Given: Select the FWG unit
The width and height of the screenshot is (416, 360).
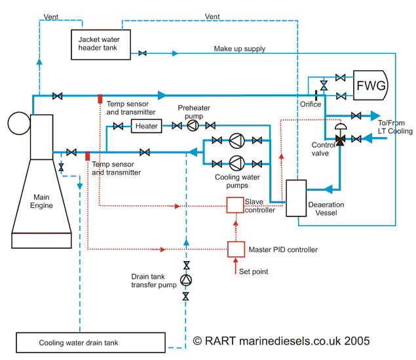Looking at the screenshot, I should pyautogui.click(x=369, y=86).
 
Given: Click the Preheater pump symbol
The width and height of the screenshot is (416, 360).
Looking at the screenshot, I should pyautogui.click(x=192, y=125).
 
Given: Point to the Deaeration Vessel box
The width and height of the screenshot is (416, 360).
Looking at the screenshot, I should pyautogui.click(x=298, y=197).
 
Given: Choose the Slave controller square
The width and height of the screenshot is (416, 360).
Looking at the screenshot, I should pyautogui.click(x=235, y=205).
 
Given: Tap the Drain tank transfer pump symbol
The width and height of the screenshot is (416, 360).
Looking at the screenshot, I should pyautogui.click(x=186, y=280).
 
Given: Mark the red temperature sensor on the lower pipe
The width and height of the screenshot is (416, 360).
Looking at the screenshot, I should pyautogui.click(x=87, y=155).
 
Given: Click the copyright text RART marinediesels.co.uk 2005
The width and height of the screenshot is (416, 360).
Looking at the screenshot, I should pyautogui.click(x=282, y=341).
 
